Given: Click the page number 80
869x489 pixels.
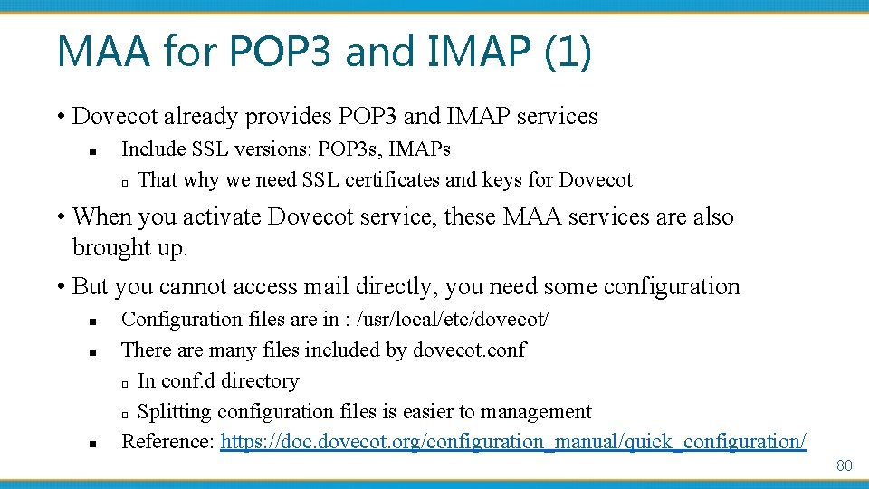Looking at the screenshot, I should (x=844, y=465).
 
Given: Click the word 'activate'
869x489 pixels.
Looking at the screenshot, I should (x=220, y=216).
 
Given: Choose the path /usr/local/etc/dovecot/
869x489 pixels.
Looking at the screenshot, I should (x=454, y=319).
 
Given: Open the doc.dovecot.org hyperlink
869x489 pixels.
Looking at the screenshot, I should (x=513, y=442).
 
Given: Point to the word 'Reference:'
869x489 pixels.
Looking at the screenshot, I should (x=167, y=442).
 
